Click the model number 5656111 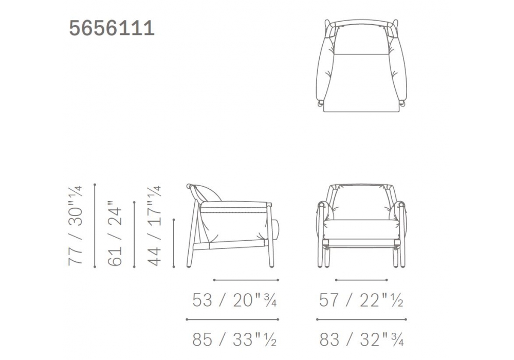[x=112, y=28]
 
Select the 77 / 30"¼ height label [x=75, y=226]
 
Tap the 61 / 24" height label [x=115, y=233]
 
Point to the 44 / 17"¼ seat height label [x=154, y=226]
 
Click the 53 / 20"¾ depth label [x=234, y=300]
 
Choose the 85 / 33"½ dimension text [x=234, y=339]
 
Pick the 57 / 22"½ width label [x=361, y=300]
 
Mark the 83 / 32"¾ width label [x=361, y=339]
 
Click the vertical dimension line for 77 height [x=95, y=226]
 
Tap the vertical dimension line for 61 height [x=134, y=235]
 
